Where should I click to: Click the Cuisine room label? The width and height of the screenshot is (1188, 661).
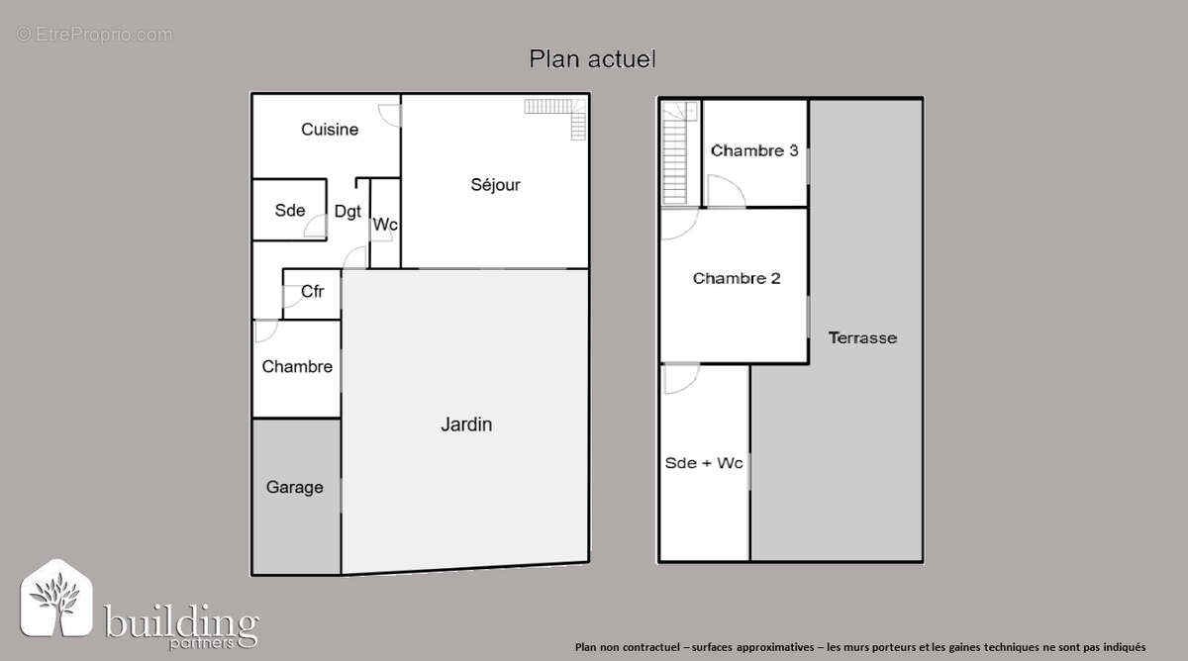330,130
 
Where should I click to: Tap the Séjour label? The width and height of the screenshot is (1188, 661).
495,184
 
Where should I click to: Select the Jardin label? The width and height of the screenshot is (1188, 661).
466,425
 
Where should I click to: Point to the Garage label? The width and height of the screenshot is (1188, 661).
294,487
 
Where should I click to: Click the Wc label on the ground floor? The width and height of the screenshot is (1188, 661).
385,225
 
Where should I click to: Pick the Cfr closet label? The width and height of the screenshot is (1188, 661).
312,291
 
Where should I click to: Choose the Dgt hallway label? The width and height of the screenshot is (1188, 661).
347,212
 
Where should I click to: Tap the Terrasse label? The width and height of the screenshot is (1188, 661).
862,337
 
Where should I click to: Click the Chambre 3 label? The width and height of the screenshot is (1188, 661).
754,150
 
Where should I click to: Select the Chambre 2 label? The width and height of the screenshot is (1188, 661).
737,278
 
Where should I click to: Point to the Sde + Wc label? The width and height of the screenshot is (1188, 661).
703,463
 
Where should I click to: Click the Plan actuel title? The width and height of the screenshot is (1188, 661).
592,58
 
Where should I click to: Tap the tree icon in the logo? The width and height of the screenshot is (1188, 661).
55,600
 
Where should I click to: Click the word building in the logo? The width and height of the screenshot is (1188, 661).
181,621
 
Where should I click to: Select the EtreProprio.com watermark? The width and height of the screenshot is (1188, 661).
94,35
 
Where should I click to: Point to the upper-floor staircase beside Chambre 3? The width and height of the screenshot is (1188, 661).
678,153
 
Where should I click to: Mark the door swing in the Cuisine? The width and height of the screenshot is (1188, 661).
389,116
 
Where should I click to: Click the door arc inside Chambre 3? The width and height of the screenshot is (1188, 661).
727,191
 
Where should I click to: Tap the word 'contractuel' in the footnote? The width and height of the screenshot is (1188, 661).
651,647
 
